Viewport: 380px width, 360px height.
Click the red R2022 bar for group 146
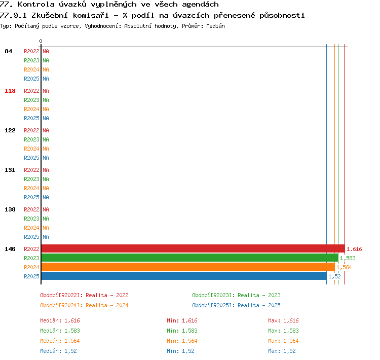tap(193, 248)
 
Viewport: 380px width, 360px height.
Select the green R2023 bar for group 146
tap(190, 258)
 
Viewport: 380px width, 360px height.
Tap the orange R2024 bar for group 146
tap(188, 267)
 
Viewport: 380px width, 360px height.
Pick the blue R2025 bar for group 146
tap(184, 276)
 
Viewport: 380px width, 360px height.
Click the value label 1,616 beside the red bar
tap(354, 249)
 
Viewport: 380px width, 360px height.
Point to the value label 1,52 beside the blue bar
tap(334, 276)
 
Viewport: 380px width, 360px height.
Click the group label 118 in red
tap(10, 91)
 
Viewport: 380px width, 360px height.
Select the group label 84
tap(8, 51)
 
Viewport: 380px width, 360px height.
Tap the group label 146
tap(10, 249)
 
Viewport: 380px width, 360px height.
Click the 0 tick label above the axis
tap(41, 41)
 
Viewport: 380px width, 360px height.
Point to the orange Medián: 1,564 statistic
tap(60, 341)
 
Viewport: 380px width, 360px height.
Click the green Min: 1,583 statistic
tap(182, 331)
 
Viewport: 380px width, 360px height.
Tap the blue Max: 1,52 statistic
tap(282, 351)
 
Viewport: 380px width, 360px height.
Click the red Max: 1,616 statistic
tap(283, 320)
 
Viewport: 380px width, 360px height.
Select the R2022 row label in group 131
tap(31, 170)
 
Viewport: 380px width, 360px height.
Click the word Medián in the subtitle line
tap(215, 26)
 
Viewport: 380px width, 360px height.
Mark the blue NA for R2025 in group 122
tap(46, 158)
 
